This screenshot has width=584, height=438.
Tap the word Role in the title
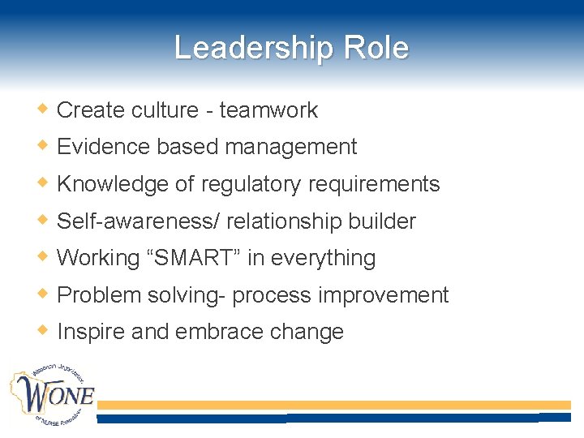[x=376, y=48]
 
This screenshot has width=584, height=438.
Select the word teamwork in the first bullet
[x=268, y=110]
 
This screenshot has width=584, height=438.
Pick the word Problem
[x=99, y=295]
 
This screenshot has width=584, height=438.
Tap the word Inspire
[x=89, y=332]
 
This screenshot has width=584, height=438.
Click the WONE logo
[x=52, y=396]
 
